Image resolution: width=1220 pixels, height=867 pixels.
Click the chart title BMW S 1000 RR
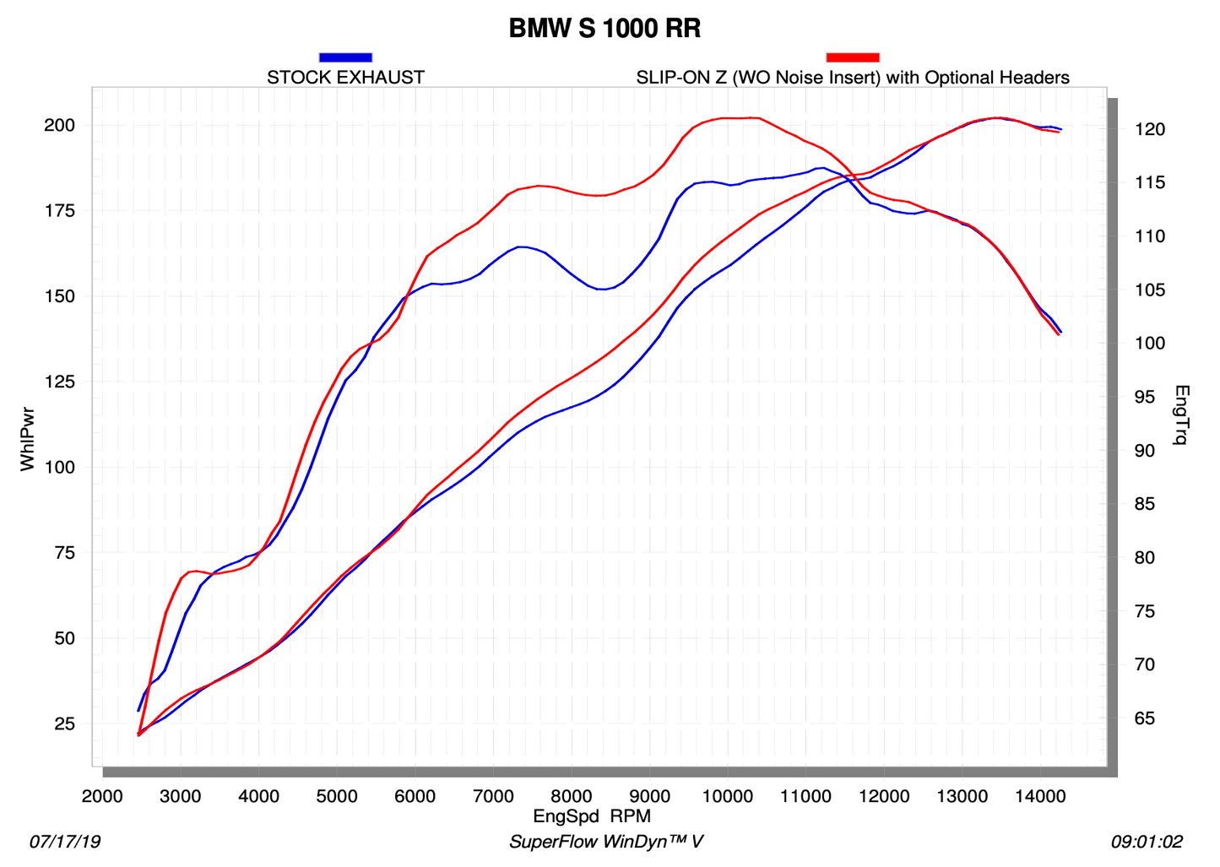click(x=605, y=29)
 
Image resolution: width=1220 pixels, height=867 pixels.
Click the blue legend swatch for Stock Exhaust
click(x=345, y=57)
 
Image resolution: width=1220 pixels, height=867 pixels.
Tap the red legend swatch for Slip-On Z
click(x=853, y=57)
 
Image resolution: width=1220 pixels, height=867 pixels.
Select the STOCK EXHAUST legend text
click(x=345, y=78)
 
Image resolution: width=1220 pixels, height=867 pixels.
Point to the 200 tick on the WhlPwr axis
click(x=60, y=126)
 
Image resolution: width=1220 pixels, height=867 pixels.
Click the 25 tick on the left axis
click(x=65, y=724)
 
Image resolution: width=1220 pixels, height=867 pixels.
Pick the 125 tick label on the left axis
click(x=60, y=382)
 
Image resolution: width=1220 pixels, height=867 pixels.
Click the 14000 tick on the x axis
click(x=1040, y=796)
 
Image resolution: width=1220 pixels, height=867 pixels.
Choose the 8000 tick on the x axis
click(x=572, y=796)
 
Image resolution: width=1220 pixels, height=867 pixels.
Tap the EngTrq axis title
click(x=1182, y=415)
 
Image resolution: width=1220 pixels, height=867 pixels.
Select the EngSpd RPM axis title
click(x=592, y=816)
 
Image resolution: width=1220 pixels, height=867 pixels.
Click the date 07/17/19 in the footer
click(x=65, y=842)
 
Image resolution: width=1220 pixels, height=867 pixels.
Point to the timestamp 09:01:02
click(x=1147, y=842)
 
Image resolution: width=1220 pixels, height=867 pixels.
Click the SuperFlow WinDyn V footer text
click(x=606, y=842)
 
